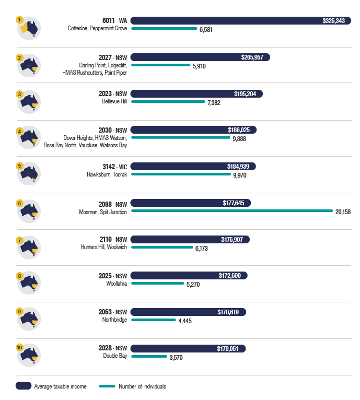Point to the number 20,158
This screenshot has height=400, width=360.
tap(343, 212)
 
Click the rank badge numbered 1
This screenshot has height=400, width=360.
tap(19, 20)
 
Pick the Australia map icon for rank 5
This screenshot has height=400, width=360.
tap(30, 174)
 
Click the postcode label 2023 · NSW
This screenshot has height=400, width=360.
tap(113, 94)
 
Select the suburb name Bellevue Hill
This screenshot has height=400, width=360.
tap(114, 101)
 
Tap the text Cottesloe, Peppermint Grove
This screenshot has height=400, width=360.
tap(97, 28)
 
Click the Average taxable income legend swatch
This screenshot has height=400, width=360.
tap(24, 386)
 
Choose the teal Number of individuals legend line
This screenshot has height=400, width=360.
tap(107, 386)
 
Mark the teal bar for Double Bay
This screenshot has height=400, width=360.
tap(149, 356)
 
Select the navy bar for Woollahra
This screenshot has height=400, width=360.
tap(189, 276)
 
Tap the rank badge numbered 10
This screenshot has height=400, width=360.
tap(19, 347)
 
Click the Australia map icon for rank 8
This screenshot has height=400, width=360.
tap(30, 283)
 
